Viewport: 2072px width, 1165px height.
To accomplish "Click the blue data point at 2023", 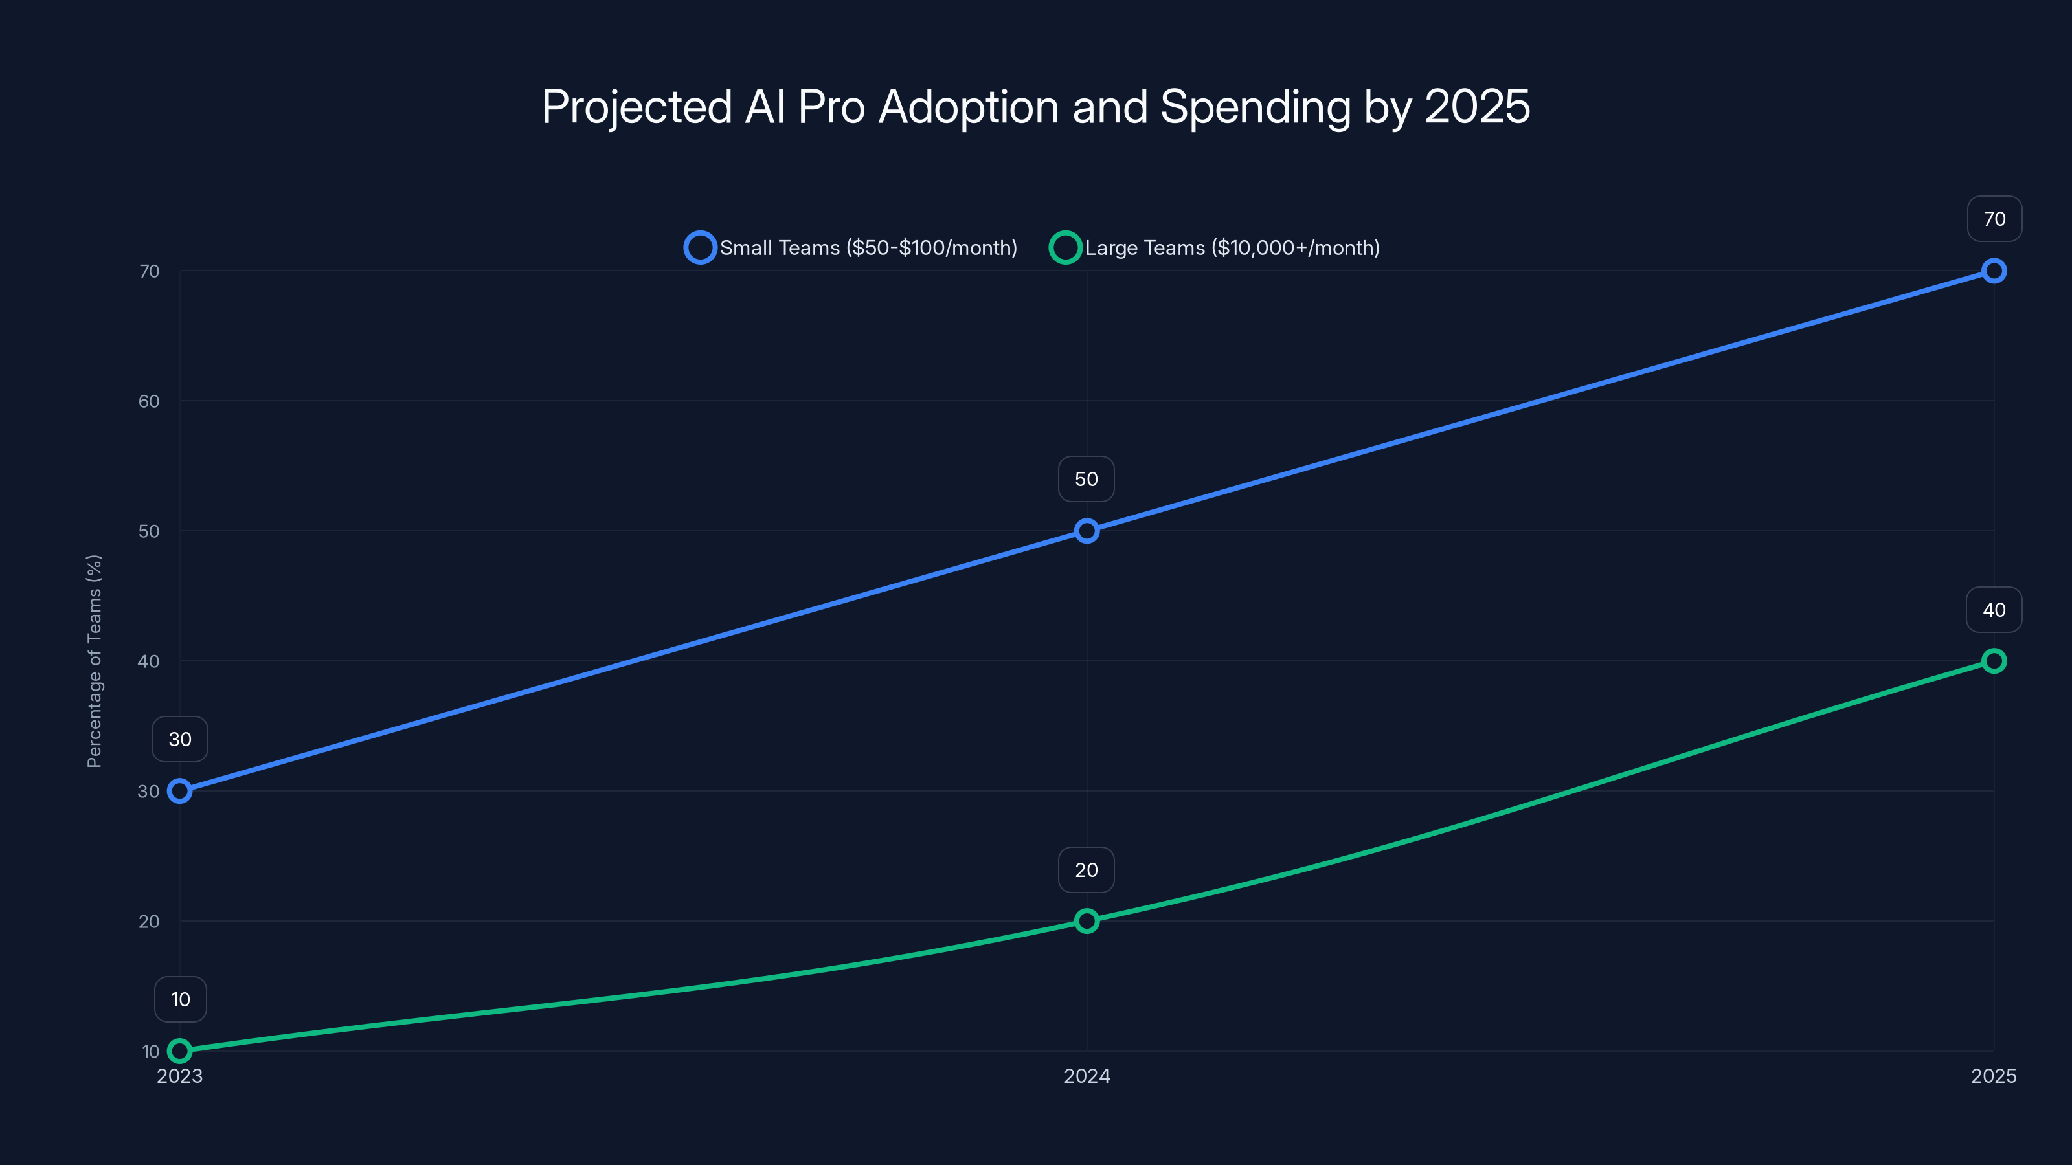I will (x=179, y=791).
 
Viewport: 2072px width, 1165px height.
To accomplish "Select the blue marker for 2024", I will (x=1087, y=531).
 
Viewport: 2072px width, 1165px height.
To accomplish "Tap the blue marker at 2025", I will (x=1993, y=271).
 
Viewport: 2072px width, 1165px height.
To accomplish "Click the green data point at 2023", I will (x=179, y=1051).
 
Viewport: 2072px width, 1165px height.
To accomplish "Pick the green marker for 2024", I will (x=1087, y=920).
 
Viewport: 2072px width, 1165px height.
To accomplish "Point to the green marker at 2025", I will (x=1993, y=661).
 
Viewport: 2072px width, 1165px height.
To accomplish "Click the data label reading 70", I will (x=1994, y=219).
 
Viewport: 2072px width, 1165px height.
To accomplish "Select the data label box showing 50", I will (x=1086, y=479).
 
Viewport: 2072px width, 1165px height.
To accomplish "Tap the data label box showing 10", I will (x=180, y=999).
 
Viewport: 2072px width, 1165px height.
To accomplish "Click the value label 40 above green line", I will (x=1994, y=610).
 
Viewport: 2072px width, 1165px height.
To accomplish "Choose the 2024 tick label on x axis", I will (x=1087, y=1076).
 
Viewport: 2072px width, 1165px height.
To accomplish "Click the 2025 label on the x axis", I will (x=1993, y=1076).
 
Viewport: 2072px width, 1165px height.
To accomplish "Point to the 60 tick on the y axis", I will (x=149, y=401).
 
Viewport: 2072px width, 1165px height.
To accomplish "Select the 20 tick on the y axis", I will (x=149, y=922).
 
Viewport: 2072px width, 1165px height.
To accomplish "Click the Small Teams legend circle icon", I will (x=700, y=248).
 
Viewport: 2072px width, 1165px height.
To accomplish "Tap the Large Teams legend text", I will (x=1232, y=248).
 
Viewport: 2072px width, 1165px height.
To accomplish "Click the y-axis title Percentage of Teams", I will (x=94, y=661).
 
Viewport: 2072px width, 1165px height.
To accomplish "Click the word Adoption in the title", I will (x=969, y=107).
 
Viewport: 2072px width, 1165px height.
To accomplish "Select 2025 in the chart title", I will (x=1477, y=107).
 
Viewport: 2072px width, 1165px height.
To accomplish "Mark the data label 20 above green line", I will (x=1086, y=870).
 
